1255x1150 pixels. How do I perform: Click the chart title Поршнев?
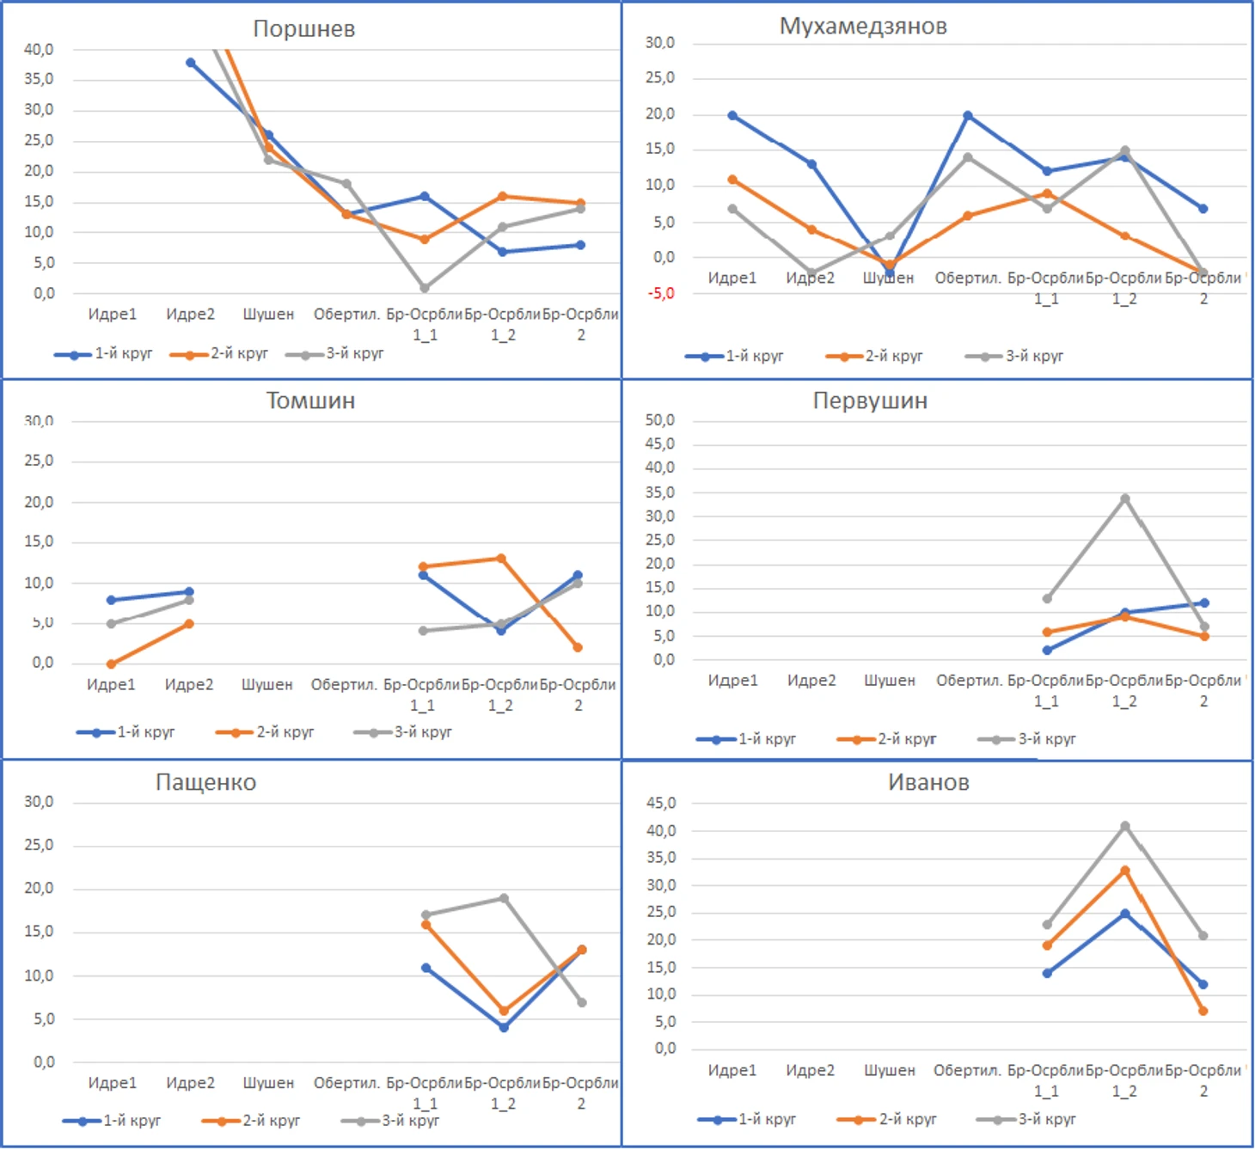(x=303, y=29)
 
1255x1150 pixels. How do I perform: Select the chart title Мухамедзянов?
(x=863, y=27)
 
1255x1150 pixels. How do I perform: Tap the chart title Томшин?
(x=310, y=401)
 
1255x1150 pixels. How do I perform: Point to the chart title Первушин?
(x=870, y=401)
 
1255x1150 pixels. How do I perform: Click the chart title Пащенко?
(x=205, y=783)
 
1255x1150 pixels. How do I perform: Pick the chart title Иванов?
(x=928, y=783)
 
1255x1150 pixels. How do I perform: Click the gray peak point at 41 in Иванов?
(x=1125, y=826)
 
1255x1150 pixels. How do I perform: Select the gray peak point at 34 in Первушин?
(x=1125, y=499)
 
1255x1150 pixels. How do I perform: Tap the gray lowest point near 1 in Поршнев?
(x=425, y=288)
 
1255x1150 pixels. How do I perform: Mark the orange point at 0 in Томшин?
(x=111, y=664)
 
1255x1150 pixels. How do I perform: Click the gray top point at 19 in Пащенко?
(x=504, y=899)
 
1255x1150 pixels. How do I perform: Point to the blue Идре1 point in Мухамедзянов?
(x=732, y=115)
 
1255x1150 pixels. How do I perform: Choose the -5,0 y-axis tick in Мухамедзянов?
(x=661, y=294)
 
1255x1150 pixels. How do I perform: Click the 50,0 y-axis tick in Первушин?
(x=660, y=420)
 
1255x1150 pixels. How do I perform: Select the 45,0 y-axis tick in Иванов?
(x=661, y=804)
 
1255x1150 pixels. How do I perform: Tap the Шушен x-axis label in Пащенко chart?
(x=268, y=1083)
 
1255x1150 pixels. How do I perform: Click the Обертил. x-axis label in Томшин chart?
(x=344, y=685)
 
